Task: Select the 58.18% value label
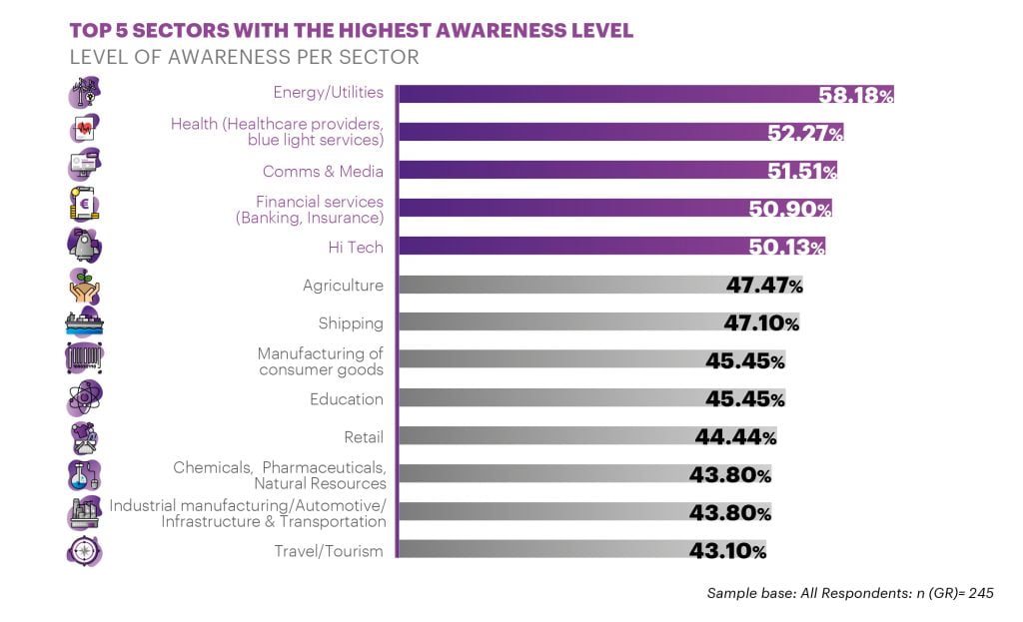[855, 95]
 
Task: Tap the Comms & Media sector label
[323, 171]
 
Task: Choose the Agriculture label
[343, 286]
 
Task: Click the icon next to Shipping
[84, 322]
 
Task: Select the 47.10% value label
[761, 323]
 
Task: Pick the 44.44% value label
[735, 436]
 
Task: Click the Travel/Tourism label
[329, 551]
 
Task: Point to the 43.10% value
[727, 551]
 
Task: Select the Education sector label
[346, 399]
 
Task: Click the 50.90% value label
[790, 209]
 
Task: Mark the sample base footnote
[850, 593]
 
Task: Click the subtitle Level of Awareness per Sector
[244, 57]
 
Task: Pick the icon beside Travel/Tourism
[84, 551]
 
